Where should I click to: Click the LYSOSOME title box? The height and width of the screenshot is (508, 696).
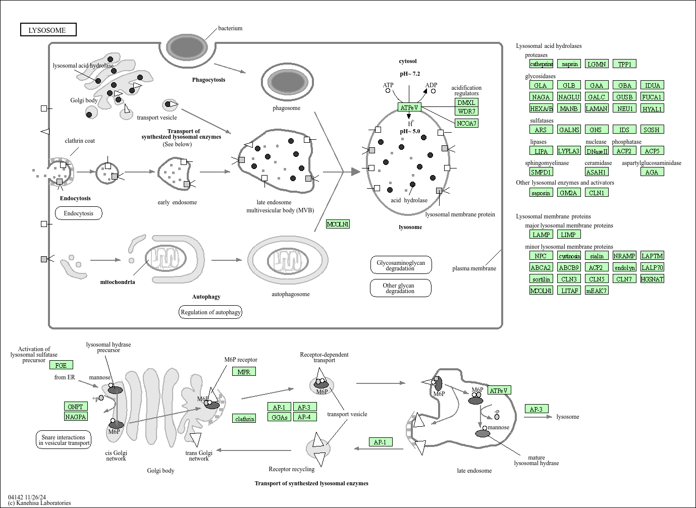48,30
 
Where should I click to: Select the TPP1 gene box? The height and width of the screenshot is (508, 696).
624,64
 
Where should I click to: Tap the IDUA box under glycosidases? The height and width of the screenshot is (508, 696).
652,85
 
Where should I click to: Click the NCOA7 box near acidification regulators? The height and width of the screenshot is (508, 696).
466,123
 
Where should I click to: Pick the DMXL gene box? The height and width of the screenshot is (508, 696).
466,102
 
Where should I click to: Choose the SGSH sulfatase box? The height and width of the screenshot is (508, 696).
652,130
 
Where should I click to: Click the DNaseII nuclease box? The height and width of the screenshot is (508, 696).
597,151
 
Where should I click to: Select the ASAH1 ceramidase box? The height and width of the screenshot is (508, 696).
596,172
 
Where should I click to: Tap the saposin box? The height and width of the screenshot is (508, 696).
541,193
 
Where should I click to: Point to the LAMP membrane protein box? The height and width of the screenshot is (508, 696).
541,235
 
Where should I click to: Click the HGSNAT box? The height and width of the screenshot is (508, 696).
652,279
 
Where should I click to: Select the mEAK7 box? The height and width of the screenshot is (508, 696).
596,291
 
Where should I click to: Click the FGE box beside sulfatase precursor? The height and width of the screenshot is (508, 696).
61,365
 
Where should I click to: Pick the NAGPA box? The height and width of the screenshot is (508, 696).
76,417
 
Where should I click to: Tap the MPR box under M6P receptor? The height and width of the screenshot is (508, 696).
244,372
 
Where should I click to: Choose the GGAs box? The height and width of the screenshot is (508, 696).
279,417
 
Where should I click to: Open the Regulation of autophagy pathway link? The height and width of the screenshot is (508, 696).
210,312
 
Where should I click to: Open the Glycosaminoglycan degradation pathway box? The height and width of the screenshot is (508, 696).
401,265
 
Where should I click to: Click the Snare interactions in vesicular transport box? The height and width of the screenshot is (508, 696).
64,440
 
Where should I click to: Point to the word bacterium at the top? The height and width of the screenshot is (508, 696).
230,28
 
